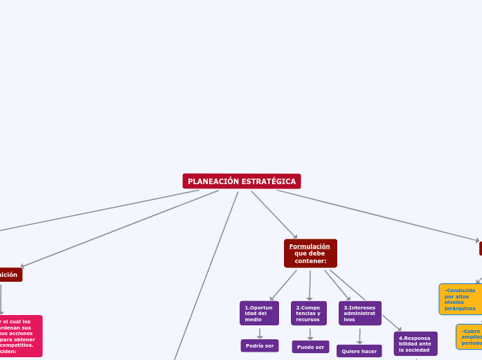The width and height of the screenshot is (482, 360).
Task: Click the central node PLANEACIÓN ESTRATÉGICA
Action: (x=242, y=181)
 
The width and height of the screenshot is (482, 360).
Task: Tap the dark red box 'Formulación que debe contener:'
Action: (x=310, y=253)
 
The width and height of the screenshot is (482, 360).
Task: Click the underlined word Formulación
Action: (x=310, y=246)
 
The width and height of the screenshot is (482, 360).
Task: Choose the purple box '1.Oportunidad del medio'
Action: (x=259, y=313)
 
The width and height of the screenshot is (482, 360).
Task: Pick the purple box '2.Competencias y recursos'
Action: (x=309, y=313)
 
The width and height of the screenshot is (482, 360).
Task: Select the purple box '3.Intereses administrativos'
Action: (x=359, y=313)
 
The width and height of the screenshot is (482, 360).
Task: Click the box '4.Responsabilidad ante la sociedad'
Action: (x=416, y=343)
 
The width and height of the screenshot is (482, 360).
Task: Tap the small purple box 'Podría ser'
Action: (x=260, y=345)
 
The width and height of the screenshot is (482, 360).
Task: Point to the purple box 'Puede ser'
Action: (x=310, y=347)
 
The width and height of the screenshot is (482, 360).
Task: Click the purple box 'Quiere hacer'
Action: (x=359, y=351)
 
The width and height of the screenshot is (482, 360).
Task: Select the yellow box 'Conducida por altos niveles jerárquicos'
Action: (x=460, y=299)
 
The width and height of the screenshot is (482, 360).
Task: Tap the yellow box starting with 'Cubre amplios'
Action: (x=470, y=337)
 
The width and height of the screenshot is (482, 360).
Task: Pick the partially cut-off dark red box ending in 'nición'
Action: (x=10, y=275)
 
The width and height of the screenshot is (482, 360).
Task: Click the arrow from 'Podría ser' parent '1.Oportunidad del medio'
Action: (x=260, y=333)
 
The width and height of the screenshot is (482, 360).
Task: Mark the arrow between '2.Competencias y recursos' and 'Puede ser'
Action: (x=310, y=334)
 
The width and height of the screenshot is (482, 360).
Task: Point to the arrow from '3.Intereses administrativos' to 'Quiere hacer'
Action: (x=359, y=336)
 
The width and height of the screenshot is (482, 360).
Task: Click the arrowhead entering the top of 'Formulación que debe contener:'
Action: (x=296, y=237)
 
